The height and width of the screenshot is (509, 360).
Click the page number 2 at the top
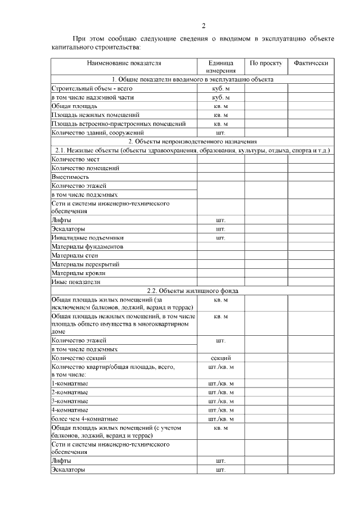(204, 25)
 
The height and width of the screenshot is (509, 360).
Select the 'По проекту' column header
(266, 63)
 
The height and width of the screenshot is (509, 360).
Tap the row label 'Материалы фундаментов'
(87, 246)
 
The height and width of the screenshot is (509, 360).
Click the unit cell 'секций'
(220, 358)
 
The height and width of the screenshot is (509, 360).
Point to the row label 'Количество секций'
(78, 358)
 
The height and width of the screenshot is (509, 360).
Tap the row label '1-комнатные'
(69, 384)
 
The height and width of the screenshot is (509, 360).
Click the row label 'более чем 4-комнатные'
(84, 418)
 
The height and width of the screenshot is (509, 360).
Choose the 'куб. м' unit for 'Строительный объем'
(220, 88)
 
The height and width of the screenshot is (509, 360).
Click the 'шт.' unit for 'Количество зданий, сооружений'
(220, 133)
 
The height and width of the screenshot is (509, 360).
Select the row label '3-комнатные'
(69, 401)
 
